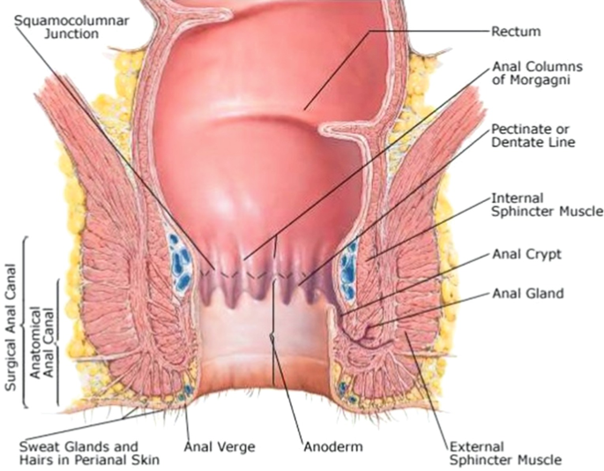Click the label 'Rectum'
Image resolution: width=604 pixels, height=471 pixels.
tap(515, 32)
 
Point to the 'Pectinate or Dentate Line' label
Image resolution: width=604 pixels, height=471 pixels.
tap(533, 135)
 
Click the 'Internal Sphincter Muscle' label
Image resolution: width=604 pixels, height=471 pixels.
tap(546, 205)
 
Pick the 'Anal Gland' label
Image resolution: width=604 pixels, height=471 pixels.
tap(526, 293)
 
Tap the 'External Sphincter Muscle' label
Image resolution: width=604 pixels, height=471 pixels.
tap(504, 452)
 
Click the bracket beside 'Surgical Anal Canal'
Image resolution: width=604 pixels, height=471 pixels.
tap(24, 322)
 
